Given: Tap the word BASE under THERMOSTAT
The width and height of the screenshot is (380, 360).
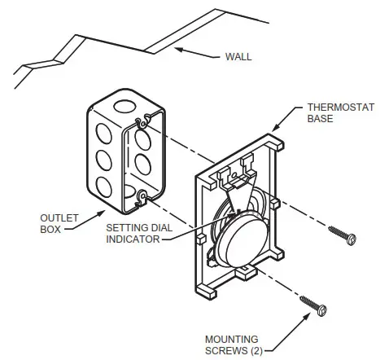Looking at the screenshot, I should [x=319, y=118].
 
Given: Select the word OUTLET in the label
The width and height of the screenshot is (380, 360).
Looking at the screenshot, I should [x=55, y=218].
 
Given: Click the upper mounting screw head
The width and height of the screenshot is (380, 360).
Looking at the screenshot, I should [x=352, y=239].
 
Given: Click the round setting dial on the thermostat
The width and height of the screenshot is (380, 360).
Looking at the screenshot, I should [x=243, y=236].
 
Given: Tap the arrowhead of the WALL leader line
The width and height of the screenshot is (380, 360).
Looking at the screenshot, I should [x=180, y=50].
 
